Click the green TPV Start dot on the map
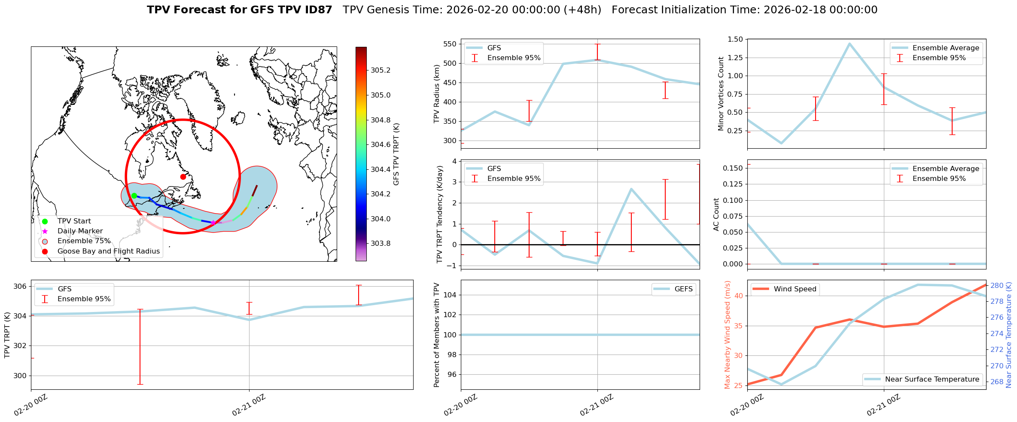[x=134, y=196]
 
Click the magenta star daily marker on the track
[x=213, y=223]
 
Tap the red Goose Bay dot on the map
[x=183, y=177]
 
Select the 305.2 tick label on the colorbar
[x=381, y=70]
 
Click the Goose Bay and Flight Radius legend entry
[x=108, y=251]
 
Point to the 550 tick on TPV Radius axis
[x=450, y=44]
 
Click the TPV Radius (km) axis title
[x=437, y=94]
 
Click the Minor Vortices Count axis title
[x=721, y=94]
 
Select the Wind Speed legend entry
[x=795, y=289]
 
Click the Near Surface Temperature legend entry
[x=932, y=379]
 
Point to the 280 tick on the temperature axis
[x=997, y=285]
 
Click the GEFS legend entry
[x=683, y=289]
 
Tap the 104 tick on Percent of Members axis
[x=449, y=295]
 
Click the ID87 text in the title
[x=317, y=10]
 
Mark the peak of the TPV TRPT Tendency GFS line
[x=631, y=189]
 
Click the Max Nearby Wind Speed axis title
[x=727, y=334]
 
